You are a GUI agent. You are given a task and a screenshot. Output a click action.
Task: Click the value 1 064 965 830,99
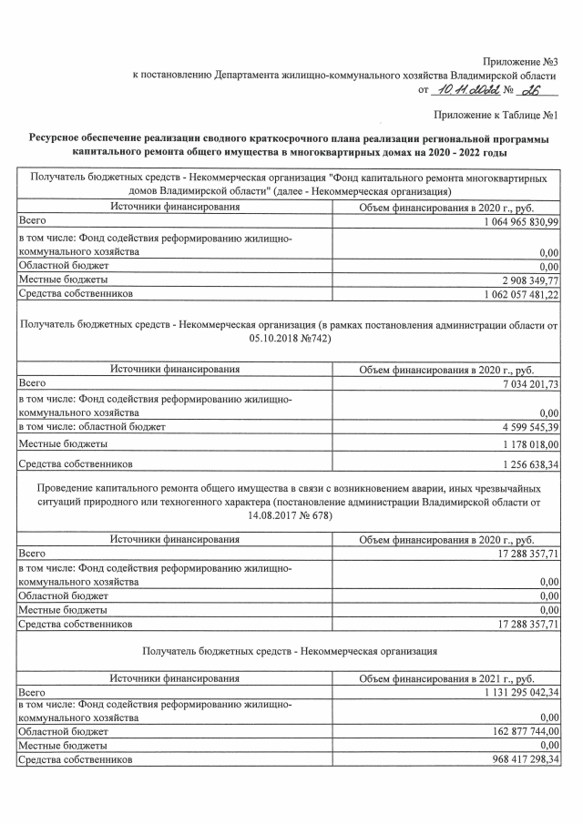pyautogui.click(x=509, y=221)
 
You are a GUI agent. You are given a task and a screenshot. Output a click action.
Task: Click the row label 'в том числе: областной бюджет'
pyautogui.click(x=93, y=426)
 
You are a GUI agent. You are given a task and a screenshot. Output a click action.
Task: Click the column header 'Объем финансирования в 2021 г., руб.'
pyautogui.click(x=446, y=679)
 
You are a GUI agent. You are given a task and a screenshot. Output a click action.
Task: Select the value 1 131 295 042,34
pyautogui.click(x=509, y=693)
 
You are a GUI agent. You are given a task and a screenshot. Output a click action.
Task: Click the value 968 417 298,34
pyautogui.click(x=513, y=758)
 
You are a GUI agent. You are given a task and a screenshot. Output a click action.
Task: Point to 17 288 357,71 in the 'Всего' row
pyautogui.click(x=516, y=552)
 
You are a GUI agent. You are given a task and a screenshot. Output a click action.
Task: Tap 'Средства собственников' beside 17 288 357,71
pyautogui.click(x=76, y=625)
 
